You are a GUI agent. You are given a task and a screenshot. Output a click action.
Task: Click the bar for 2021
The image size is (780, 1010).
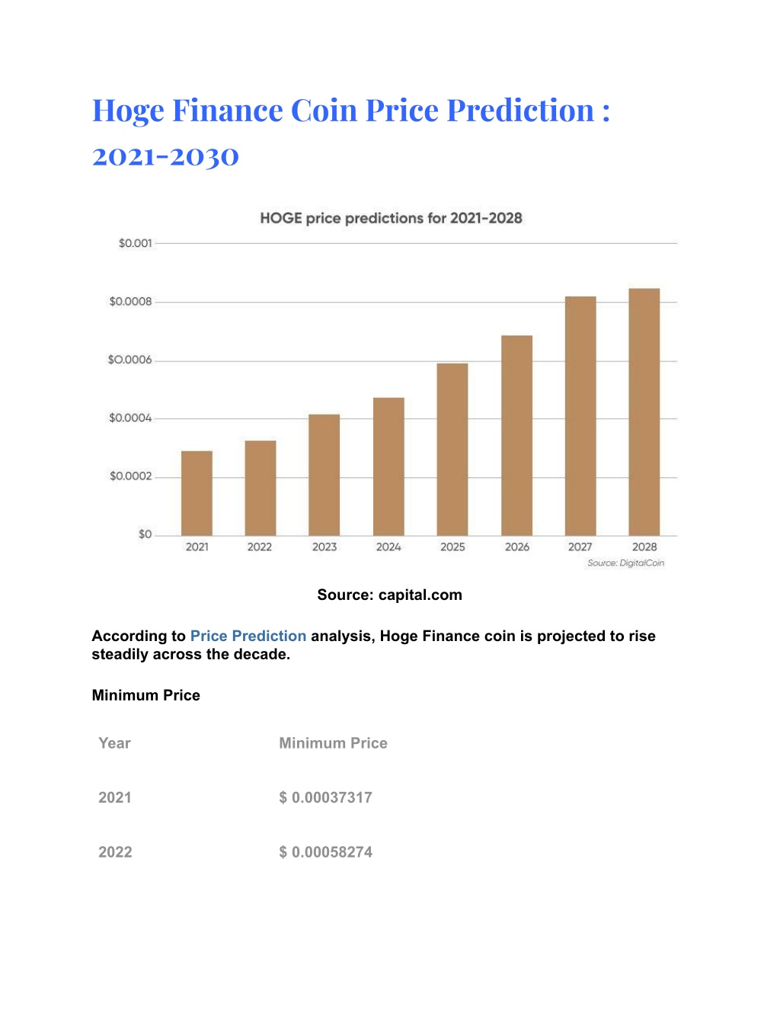[x=197, y=493]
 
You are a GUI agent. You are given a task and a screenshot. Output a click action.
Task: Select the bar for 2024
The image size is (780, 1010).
[x=388, y=467]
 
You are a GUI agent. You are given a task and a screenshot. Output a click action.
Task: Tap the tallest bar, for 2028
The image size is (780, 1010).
[x=644, y=412]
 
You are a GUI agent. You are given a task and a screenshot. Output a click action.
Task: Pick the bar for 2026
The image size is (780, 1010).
[x=516, y=435]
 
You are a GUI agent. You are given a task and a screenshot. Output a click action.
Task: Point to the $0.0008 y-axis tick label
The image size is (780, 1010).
[x=130, y=302]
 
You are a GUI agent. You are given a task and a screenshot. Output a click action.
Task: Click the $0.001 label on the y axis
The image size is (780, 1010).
[x=135, y=243]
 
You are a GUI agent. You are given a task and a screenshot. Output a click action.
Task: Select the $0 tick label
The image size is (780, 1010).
[x=145, y=534]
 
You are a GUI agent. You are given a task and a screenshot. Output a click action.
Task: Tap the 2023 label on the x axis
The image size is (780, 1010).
[x=324, y=547]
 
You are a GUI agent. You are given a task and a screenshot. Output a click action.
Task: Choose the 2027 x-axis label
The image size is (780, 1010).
[x=580, y=547]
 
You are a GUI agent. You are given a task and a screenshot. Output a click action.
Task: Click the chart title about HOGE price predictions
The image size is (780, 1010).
[x=391, y=218]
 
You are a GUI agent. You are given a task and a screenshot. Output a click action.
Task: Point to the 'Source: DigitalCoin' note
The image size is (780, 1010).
[x=626, y=563]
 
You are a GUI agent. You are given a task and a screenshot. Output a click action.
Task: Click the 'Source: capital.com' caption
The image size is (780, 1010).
[x=389, y=595]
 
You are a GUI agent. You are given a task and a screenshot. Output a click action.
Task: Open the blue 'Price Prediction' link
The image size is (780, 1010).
[x=248, y=636]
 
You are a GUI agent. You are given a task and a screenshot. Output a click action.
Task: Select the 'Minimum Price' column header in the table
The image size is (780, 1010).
[x=333, y=743]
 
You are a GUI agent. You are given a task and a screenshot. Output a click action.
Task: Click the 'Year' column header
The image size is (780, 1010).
[x=114, y=743]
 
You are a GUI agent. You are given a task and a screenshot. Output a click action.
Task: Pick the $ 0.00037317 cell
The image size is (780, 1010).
[x=325, y=797]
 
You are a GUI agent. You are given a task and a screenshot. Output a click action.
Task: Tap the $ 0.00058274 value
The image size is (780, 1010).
[x=325, y=852]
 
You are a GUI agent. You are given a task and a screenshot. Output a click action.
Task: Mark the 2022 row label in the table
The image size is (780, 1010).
[x=115, y=852]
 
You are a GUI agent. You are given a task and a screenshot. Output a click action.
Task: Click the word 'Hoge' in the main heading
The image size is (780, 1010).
[x=128, y=111]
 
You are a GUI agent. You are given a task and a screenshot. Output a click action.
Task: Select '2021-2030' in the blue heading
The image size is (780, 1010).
[x=165, y=156]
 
